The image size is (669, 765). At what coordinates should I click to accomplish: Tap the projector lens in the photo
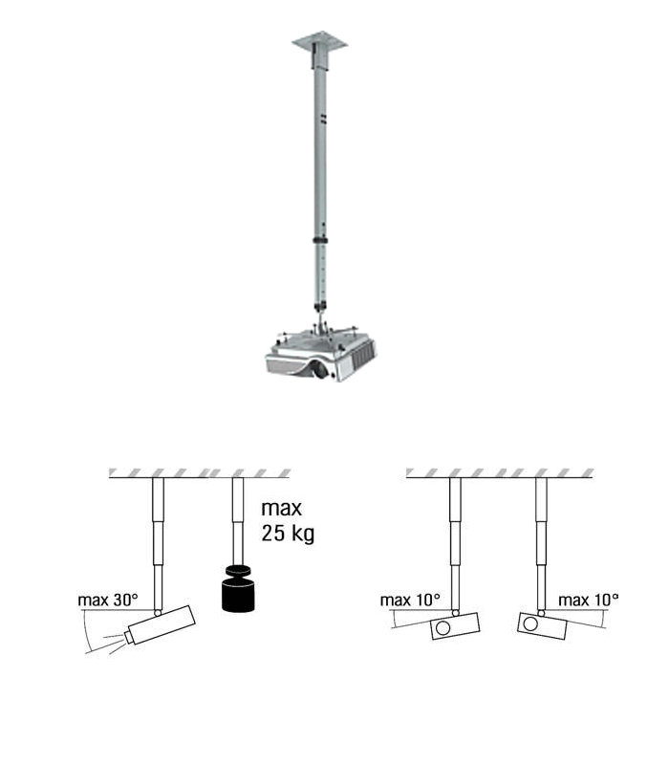pyautogui.click(x=320, y=369)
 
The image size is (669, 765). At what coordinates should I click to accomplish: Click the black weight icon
pyautogui.click(x=238, y=587)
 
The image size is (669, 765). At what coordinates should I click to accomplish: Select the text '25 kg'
pyautogui.click(x=288, y=534)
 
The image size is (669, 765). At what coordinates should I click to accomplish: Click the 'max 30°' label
pyautogui.click(x=108, y=600)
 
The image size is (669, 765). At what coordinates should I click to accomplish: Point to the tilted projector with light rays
pyautogui.click(x=160, y=625)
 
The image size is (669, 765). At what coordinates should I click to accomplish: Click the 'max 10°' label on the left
pyautogui.click(x=410, y=600)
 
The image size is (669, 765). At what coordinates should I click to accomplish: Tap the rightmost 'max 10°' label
pyautogui.click(x=588, y=600)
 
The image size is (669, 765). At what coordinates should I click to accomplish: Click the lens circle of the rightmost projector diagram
pyautogui.click(x=530, y=623)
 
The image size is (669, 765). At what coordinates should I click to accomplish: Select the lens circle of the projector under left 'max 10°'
pyautogui.click(x=442, y=627)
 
